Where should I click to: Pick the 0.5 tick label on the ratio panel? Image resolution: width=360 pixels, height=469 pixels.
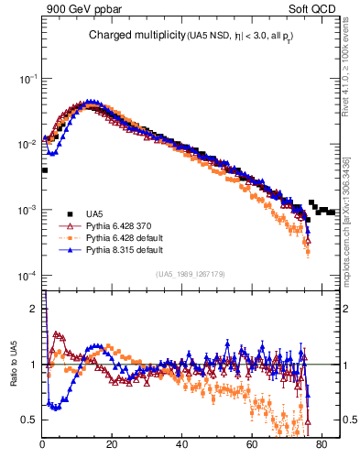[31, 420]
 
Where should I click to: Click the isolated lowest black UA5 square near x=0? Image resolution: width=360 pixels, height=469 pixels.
[44, 170]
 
